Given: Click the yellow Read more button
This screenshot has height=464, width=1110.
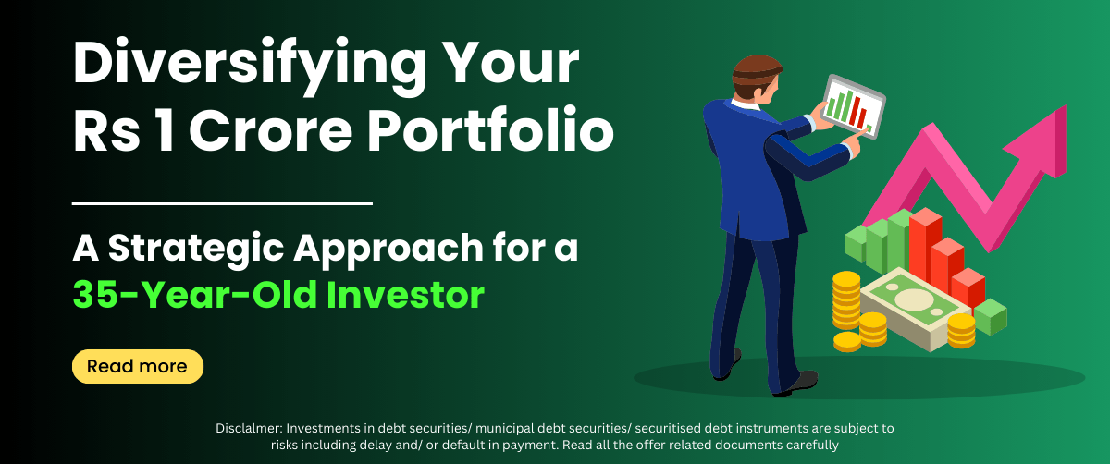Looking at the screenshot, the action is pyautogui.click(x=138, y=366).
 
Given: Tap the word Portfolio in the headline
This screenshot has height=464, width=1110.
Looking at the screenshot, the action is pyautogui.click(x=490, y=130).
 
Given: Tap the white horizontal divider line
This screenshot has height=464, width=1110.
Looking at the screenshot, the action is pyautogui.click(x=222, y=203).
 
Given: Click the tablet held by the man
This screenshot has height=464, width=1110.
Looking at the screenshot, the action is pyautogui.click(x=853, y=106).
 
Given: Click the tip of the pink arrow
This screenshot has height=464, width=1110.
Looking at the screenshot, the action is pyautogui.click(x=1065, y=106).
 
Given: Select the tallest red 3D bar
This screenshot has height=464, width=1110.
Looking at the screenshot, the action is pyautogui.click(x=925, y=248).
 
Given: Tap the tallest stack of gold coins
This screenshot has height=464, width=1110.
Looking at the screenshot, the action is pyautogui.click(x=845, y=300).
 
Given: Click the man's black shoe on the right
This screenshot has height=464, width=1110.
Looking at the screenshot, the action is pyautogui.click(x=797, y=384).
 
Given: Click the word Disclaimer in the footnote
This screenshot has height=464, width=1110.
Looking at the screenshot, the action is pyautogui.click(x=249, y=428).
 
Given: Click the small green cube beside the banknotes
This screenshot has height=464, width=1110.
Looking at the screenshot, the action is pyautogui.click(x=990, y=317).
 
